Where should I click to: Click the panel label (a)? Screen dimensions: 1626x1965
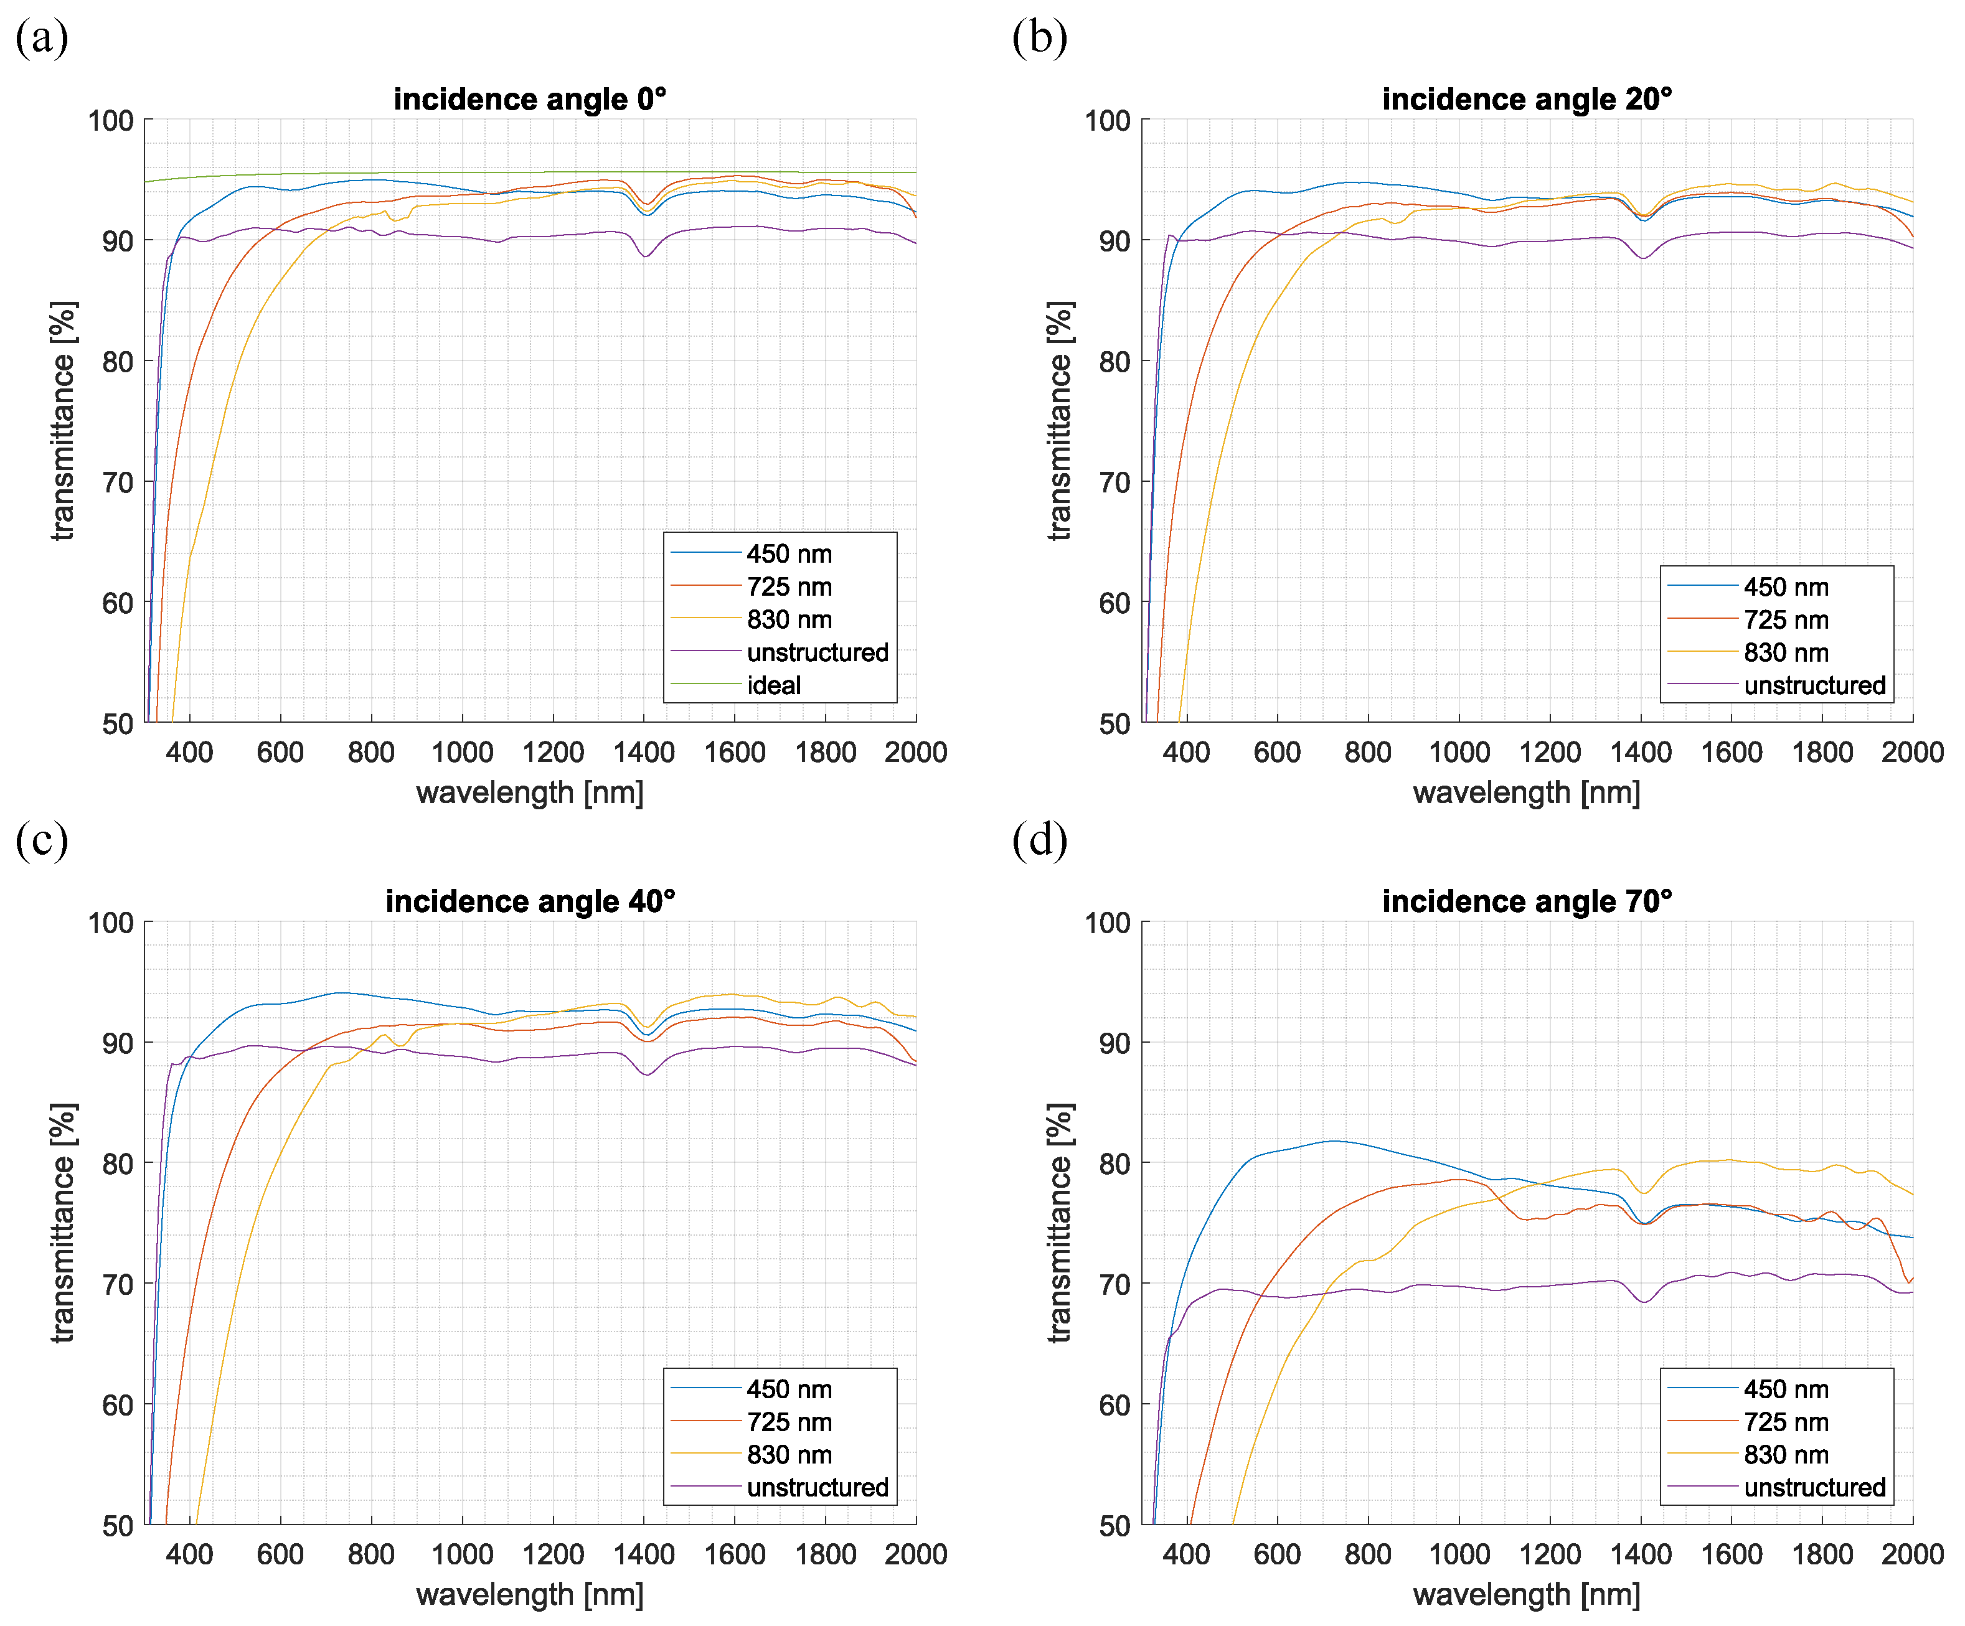[42, 39]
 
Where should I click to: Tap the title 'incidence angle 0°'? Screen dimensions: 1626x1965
[530, 99]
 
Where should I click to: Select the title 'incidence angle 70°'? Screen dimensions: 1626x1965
[1527, 901]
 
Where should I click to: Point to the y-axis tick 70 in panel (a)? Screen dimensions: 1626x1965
[118, 482]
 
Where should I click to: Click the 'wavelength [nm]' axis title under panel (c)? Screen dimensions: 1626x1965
[530, 1594]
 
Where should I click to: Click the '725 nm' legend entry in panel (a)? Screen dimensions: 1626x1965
[789, 586]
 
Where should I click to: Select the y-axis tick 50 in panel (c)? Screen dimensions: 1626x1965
[118, 1526]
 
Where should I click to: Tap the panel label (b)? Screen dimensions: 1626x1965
[1040, 39]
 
